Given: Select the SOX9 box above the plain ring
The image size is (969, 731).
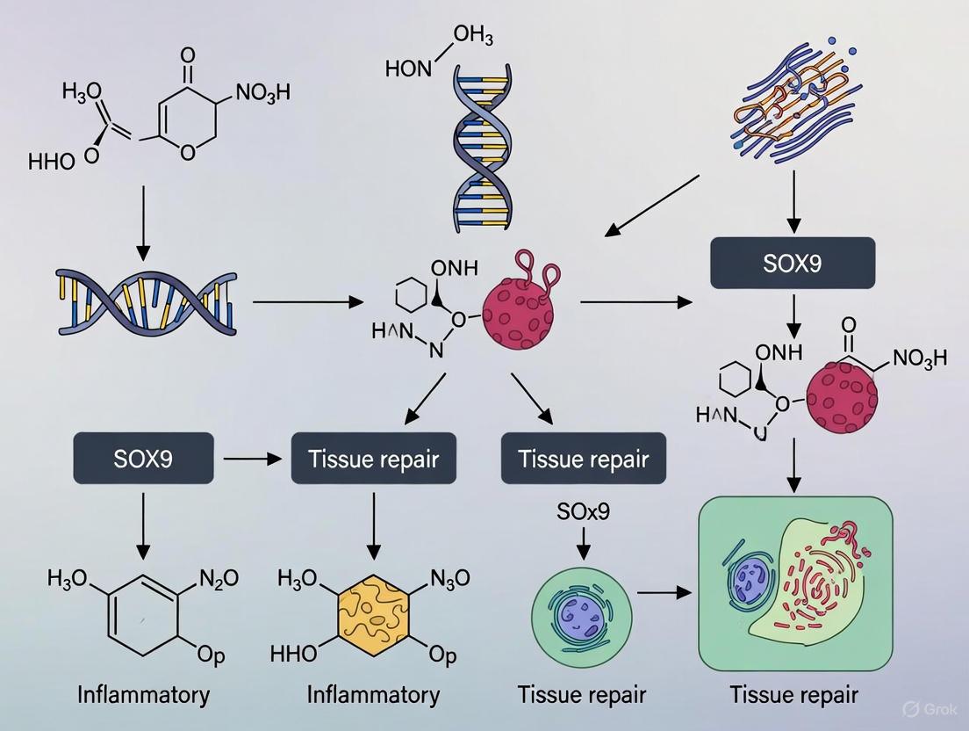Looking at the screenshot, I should pyautogui.click(x=144, y=458).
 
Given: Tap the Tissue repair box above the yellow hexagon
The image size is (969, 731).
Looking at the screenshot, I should pyautogui.click(x=373, y=458).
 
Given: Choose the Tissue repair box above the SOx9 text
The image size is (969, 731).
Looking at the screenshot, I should pyautogui.click(x=584, y=458).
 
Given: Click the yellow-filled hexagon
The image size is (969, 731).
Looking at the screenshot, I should pyautogui.click(x=374, y=614).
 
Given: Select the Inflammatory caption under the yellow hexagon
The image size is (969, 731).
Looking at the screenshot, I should pyautogui.click(x=373, y=695).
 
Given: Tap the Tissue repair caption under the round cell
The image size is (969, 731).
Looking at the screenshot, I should pyautogui.click(x=582, y=695).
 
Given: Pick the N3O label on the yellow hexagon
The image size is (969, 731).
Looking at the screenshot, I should pyautogui.click(x=450, y=578).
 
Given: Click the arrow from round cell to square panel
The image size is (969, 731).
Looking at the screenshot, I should pyautogui.click(x=663, y=593).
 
